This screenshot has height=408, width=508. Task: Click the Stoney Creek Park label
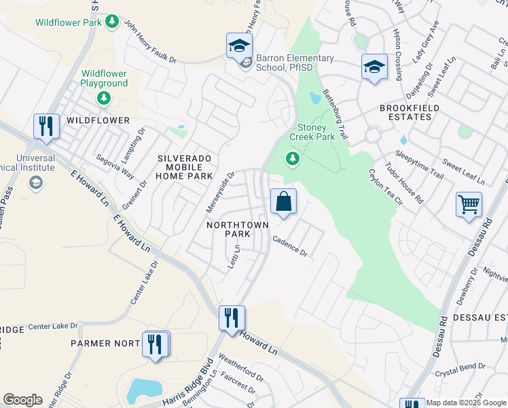(312, 132)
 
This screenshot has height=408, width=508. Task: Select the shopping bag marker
(283, 202)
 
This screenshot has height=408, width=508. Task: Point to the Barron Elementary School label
(295, 63)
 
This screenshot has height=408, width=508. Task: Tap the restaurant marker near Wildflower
(46, 126)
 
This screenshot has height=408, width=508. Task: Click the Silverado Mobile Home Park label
(185, 167)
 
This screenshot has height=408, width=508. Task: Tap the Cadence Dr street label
(290, 245)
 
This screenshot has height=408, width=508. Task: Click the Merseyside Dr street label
(220, 190)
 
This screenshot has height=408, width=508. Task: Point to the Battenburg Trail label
(335, 115)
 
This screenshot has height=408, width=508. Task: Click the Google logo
(22, 400)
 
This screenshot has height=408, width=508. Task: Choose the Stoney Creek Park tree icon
(293, 159)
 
